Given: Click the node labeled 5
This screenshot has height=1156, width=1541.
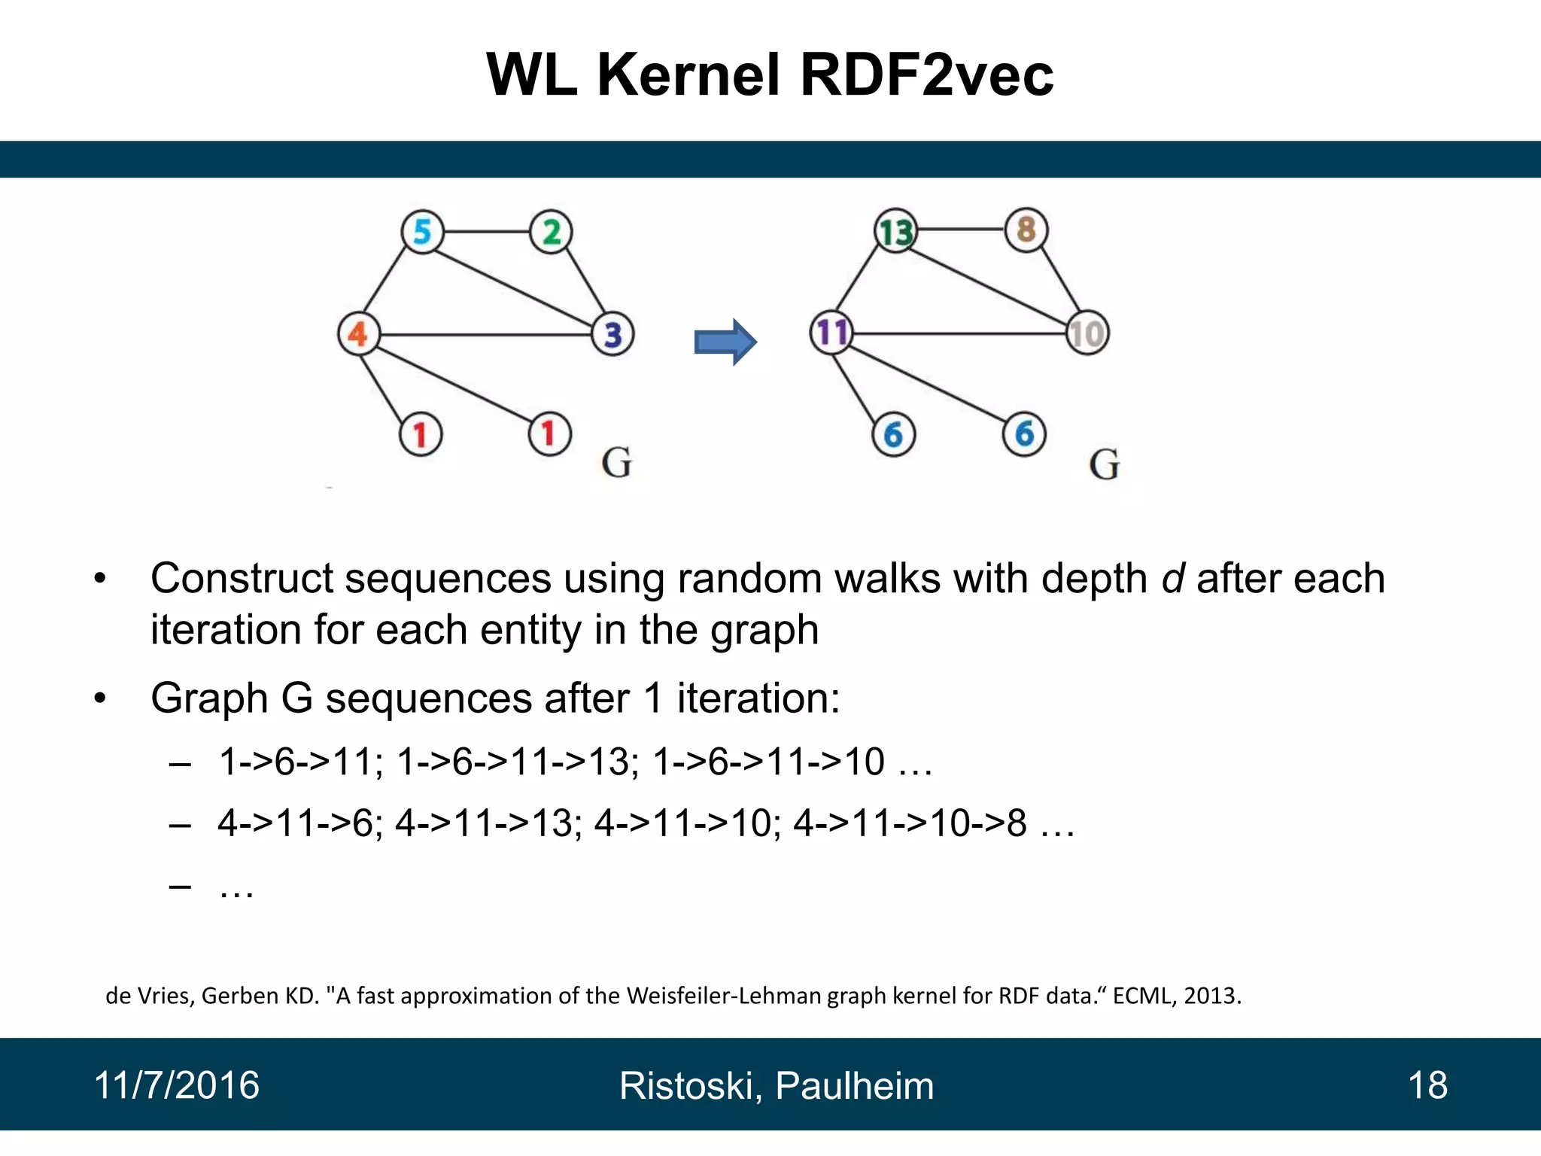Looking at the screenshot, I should point(422,232).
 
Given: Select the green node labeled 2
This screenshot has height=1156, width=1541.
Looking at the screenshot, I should point(551,232).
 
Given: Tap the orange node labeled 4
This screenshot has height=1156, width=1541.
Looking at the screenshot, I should point(358,333).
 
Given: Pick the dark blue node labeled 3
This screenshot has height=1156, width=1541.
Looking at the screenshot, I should point(612,334).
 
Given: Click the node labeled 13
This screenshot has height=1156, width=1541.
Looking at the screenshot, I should point(895,231).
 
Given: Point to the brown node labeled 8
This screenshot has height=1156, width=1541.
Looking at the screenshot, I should point(1026,230).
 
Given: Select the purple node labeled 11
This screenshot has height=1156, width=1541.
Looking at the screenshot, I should point(831,333).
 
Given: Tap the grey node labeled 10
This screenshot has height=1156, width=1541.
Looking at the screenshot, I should point(1087,333).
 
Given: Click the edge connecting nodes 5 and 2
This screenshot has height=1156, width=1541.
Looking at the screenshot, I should point(486,232).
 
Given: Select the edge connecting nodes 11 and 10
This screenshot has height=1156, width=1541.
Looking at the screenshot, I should point(959,333).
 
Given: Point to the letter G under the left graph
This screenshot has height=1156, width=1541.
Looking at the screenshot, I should point(616,463).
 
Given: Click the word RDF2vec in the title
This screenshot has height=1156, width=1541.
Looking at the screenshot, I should point(926,75).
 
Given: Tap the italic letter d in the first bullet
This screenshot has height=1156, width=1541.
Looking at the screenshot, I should point(1172,579).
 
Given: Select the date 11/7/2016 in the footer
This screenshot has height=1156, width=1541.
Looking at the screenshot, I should point(176,1085).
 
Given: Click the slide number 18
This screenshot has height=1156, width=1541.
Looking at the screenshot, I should point(1427,1085).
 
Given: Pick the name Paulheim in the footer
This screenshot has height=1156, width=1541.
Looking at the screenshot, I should point(854,1086).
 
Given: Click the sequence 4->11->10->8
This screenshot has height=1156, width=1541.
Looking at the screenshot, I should point(910,823).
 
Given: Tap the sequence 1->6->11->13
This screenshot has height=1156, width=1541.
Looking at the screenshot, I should point(517,762).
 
